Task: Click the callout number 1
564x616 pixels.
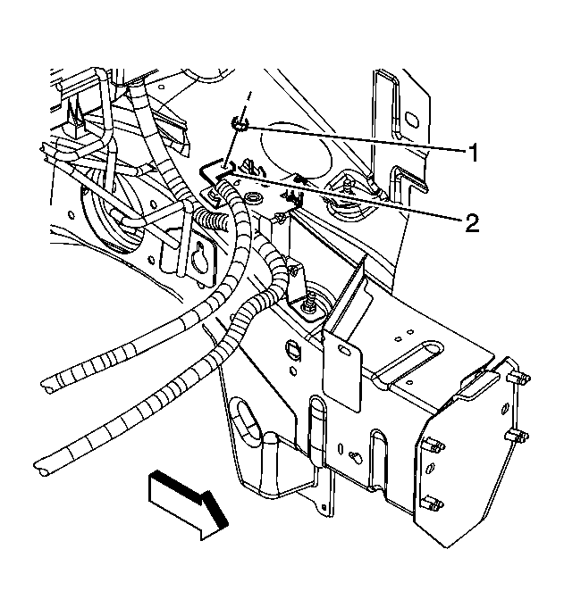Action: click(473, 152)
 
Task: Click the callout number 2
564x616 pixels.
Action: click(472, 223)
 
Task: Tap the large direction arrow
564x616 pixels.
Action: click(188, 504)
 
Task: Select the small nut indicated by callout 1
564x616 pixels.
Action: click(240, 124)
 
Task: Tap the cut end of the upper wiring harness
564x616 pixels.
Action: click(46, 385)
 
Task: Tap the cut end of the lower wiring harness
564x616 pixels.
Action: click(40, 468)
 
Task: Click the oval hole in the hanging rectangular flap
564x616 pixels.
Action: click(344, 351)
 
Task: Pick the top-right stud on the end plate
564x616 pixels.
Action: click(518, 378)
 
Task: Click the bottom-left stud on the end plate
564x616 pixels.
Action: click(432, 504)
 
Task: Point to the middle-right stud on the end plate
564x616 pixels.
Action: click(517, 436)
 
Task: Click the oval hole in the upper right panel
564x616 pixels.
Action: click(410, 119)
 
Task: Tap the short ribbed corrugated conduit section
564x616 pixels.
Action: click(212, 220)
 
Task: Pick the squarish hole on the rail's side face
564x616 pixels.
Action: click(294, 350)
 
